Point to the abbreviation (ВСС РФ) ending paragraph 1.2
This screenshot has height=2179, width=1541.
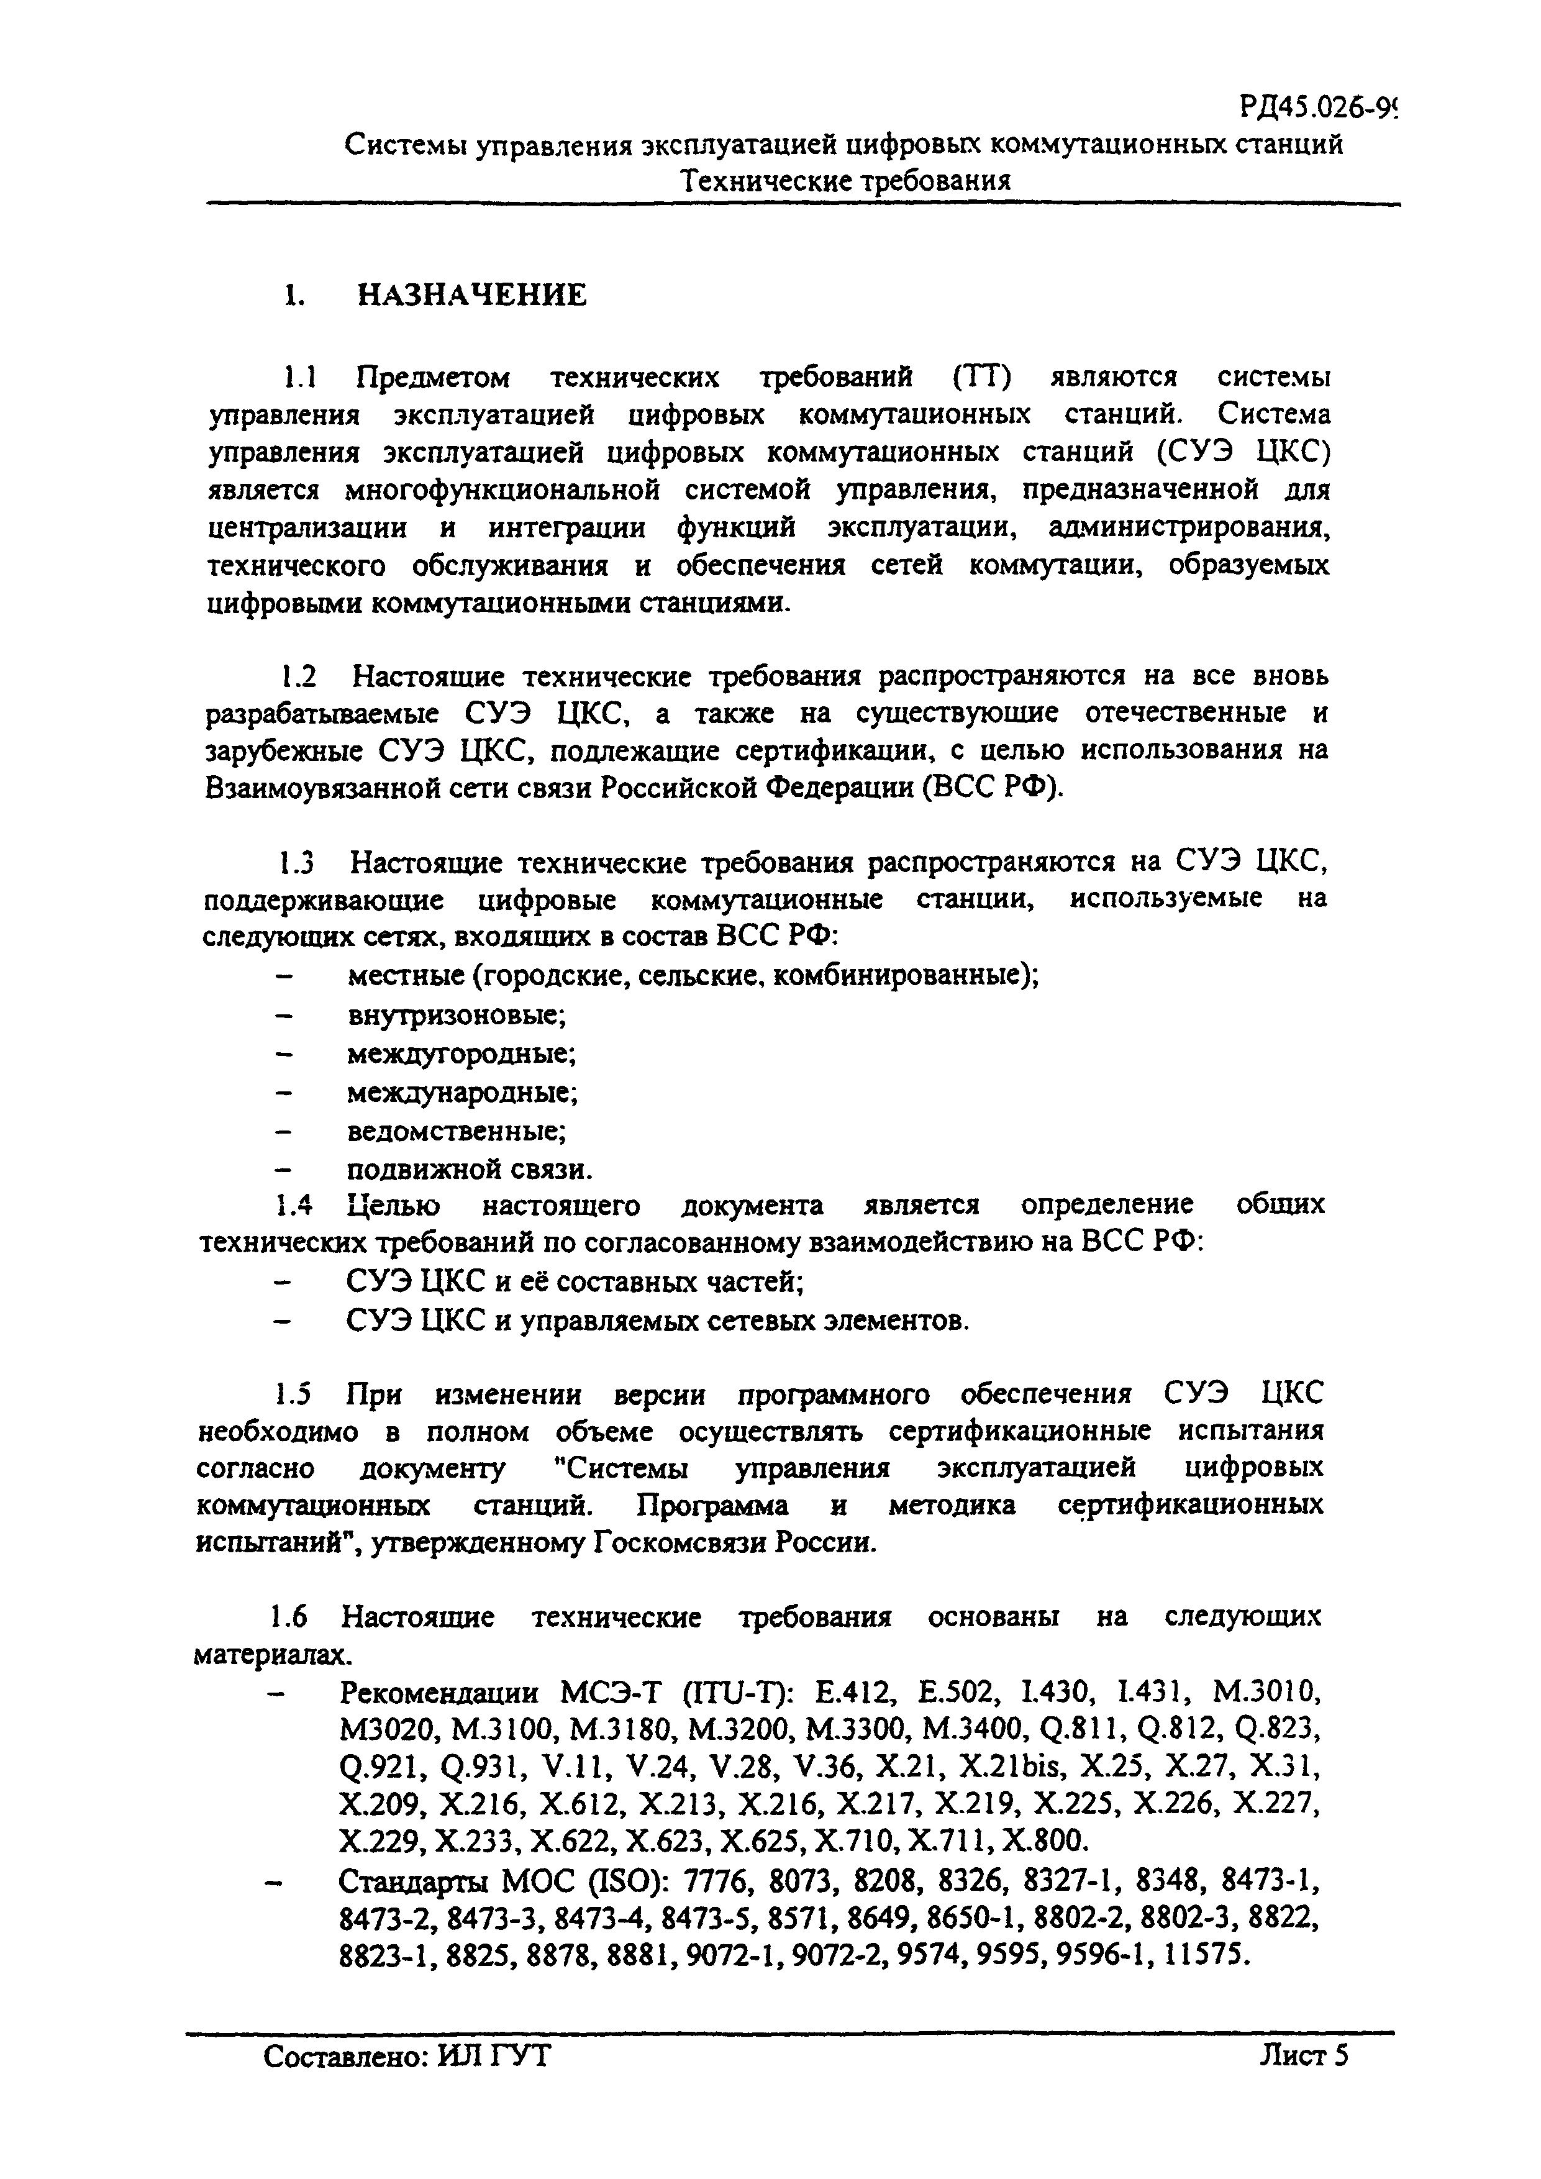pos(991,788)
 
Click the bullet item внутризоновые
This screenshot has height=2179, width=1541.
pos(457,1016)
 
